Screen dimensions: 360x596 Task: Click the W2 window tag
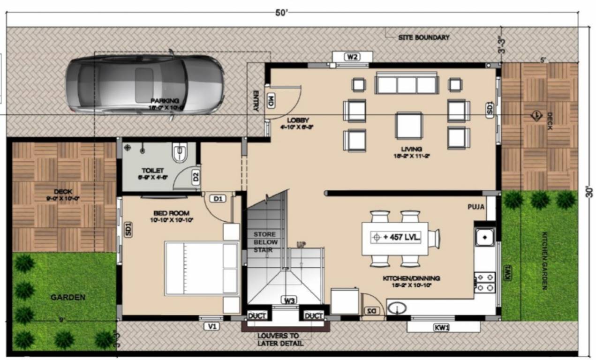[x=352, y=57]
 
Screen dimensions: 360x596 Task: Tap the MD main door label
[x=271, y=101]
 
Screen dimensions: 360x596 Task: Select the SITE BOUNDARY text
[x=423, y=37]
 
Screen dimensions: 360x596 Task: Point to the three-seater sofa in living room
[x=406, y=84]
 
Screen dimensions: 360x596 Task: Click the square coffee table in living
[x=409, y=125]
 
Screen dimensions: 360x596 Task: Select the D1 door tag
[x=218, y=199]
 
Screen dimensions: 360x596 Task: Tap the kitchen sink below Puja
[x=483, y=237]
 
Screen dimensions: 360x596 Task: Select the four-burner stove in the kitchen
[x=484, y=282]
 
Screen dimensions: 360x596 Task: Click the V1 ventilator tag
[x=211, y=327]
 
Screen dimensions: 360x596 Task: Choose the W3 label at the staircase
[x=289, y=300]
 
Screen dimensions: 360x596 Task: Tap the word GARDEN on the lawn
[x=68, y=297]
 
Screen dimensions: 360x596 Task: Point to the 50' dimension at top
[x=282, y=12]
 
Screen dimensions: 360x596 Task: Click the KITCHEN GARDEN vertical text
[x=544, y=261]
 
